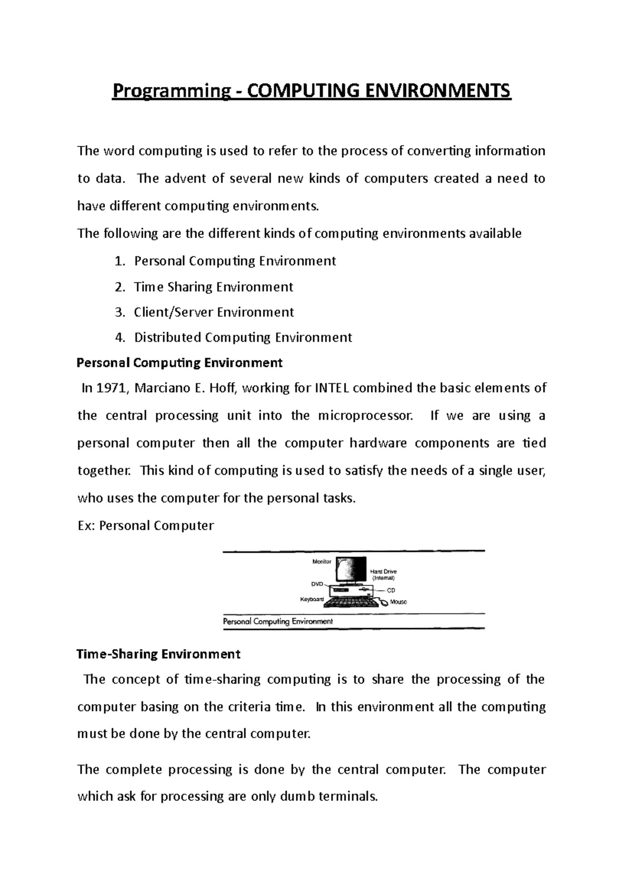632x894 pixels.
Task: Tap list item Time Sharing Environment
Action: (213, 287)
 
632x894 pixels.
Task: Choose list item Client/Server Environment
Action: (214, 312)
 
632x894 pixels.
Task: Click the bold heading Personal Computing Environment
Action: (180, 363)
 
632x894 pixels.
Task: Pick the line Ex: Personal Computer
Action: (145, 525)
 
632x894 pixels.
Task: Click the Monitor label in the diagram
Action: (322, 562)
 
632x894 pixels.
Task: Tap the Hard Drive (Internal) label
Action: (383, 574)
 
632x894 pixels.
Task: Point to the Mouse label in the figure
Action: (398, 602)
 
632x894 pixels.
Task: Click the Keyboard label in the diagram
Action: (312, 600)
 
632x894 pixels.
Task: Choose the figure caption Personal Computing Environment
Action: (278, 621)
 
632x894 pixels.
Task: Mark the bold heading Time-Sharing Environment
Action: (159, 654)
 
